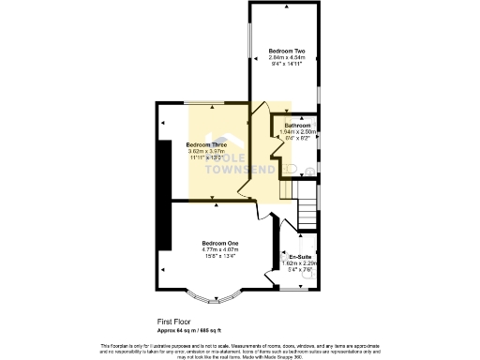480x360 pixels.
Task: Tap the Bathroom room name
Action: tap(297, 125)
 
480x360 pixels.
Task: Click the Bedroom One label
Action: tap(220, 243)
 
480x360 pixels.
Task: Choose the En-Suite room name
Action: tap(300, 256)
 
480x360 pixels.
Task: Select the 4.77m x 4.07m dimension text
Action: tap(220, 249)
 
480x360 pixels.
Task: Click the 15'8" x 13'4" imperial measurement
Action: tap(220, 256)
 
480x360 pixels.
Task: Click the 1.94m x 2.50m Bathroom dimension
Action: tap(297, 131)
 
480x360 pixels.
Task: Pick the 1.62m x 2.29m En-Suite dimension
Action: tap(300, 263)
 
